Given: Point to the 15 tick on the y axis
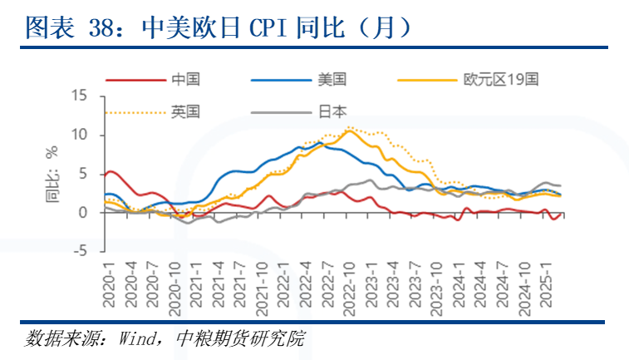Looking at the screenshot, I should (81, 96).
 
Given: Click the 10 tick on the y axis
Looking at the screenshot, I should (81, 135).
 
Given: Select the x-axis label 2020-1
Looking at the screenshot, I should (107, 282).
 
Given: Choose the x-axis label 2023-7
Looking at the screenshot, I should (415, 282).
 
